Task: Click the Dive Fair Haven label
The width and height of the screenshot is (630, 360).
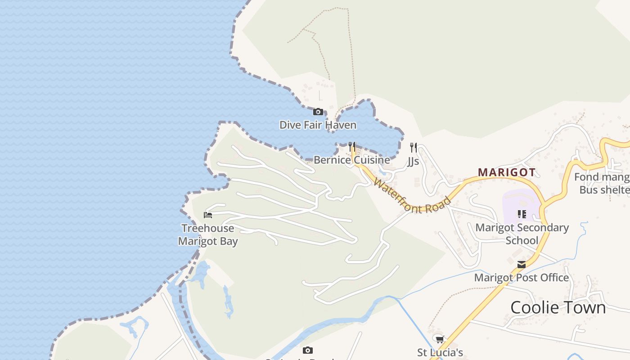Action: coord(318,125)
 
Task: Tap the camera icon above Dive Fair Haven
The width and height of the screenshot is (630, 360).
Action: coord(318,112)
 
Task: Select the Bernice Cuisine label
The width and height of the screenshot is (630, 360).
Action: coord(352,160)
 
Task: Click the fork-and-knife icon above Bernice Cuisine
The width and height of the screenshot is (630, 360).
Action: coord(352,147)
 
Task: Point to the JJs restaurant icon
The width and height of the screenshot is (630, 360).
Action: coord(414,148)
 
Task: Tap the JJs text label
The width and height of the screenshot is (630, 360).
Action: coord(413,161)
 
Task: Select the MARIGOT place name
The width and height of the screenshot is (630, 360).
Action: coord(507,172)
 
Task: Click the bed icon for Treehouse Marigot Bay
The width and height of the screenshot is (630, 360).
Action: coord(208,215)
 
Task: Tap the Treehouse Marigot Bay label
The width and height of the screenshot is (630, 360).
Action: coord(208,234)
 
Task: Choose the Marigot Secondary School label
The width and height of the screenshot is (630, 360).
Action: coord(522,234)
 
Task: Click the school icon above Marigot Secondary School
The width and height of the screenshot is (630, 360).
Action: coord(522,214)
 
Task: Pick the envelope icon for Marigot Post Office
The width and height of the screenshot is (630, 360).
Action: coord(522,265)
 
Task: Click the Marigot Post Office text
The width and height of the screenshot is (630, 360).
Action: coord(522,278)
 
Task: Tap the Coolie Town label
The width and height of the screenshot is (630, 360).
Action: coord(558,307)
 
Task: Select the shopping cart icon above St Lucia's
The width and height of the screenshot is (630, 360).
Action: coord(440,339)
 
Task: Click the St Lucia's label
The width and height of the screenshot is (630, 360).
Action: coord(440,352)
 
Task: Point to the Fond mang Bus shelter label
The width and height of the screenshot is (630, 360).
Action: coord(602,183)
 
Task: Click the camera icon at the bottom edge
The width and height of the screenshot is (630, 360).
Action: coord(308,350)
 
